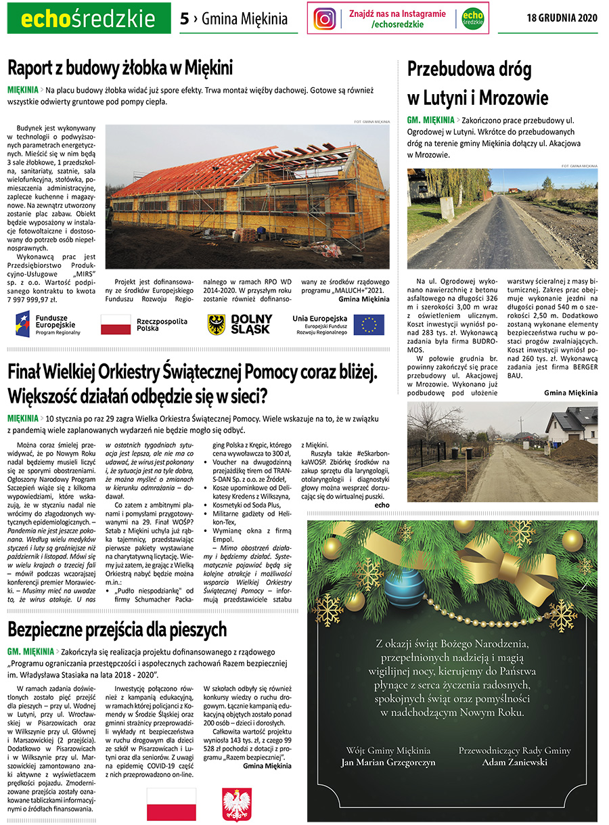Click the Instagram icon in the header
click(325, 19)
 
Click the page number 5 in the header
click(184, 19)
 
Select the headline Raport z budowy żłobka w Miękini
click(120, 68)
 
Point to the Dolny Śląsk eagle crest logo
click(217, 325)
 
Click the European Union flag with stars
click(369, 325)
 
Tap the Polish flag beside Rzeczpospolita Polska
click(115, 324)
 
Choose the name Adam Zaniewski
click(514, 762)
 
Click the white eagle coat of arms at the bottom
click(237, 803)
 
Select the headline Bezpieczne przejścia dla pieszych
click(117, 629)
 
